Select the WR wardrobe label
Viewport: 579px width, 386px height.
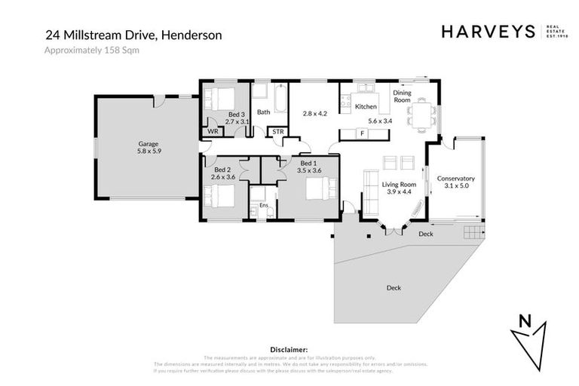[x=213, y=132]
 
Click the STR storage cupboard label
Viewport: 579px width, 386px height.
[x=278, y=132]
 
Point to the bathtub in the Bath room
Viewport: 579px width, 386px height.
[x=279, y=97]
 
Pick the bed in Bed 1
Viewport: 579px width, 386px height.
[x=317, y=187]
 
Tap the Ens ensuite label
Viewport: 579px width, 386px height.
[x=263, y=205]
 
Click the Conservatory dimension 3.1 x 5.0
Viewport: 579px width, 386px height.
[x=455, y=185]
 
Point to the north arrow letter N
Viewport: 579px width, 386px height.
[x=526, y=321]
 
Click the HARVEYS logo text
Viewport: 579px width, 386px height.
[x=487, y=32]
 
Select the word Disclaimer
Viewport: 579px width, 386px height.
[x=289, y=349]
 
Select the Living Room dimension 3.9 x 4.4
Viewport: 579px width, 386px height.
[x=399, y=191]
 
